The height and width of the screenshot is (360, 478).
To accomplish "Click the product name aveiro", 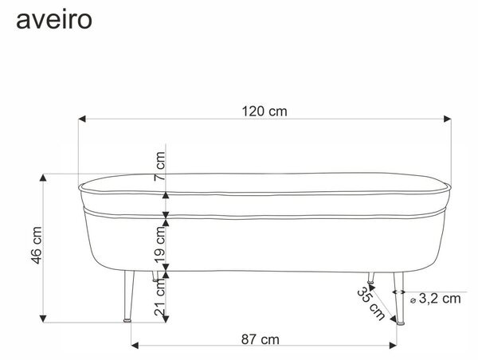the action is click(54, 20).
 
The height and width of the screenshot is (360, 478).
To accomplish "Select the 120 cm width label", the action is click(264, 112).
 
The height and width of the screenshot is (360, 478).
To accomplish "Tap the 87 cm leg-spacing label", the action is click(260, 339).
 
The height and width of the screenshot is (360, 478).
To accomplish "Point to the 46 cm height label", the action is click(37, 245).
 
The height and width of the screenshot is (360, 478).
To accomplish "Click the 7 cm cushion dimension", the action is click(159, 166).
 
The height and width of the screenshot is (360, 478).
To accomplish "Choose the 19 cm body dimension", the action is click(159, 245).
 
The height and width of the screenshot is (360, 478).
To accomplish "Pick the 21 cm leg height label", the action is click(159, 297).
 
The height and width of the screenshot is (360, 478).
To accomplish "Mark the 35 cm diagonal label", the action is click(371, 303).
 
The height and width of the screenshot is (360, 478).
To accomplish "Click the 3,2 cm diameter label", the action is click(440, 299).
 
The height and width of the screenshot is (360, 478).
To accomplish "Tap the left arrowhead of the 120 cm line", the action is click(82, 119).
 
